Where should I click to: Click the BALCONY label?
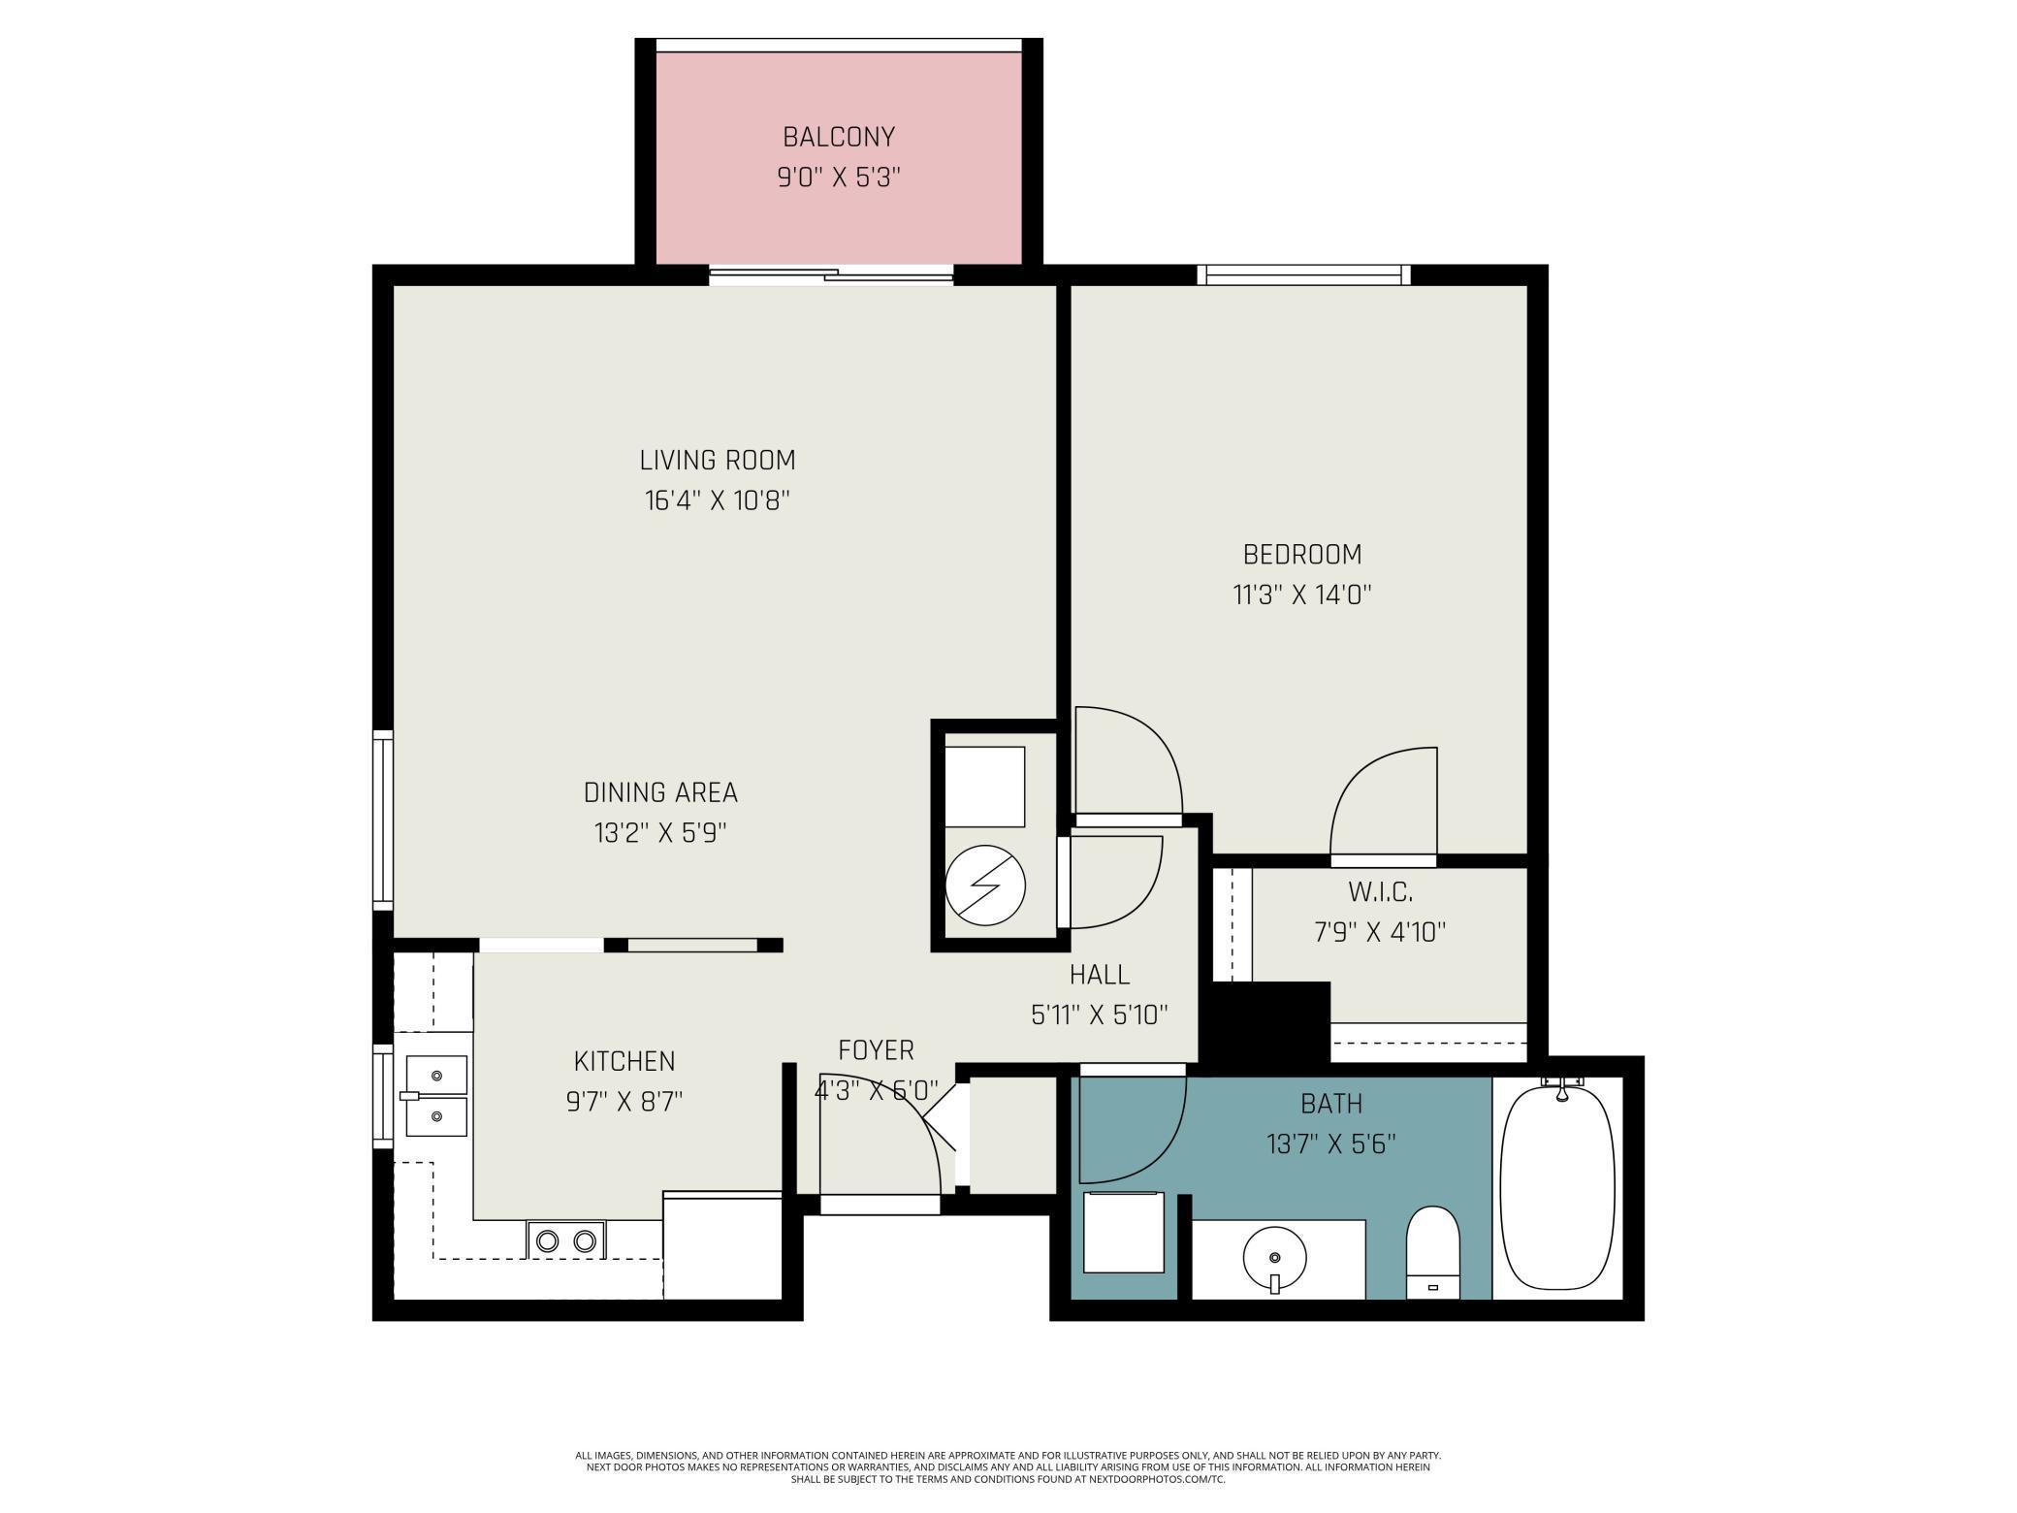[x=839, y=137]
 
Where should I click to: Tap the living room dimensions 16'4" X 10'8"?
[x=718, y=500]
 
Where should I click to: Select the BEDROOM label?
[x=1302, y=554]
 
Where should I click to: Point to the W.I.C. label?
[x=1380, y=891]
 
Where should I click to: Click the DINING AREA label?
[x=660, y=792]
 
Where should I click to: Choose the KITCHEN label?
[x=624, y=1061]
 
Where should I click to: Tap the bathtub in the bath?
[x=1557, y=1188]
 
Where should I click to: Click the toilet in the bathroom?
[x=1433, y=1251]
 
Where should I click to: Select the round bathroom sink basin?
[x=1275, y=1258]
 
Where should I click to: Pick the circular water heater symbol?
[x=985, y=885]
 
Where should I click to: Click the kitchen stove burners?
[x=566, y=1240]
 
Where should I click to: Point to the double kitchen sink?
[x=436, y=1096]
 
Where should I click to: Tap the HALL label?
[x=1100, y=974]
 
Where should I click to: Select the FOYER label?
[x=876, y=1050]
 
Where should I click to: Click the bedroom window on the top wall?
[x=1303, y=274]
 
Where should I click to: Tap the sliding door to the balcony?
[x=831, y=275]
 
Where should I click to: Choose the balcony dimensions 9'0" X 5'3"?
[x=839, y=177]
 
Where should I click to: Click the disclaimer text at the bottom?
[x=1008, y=1467]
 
